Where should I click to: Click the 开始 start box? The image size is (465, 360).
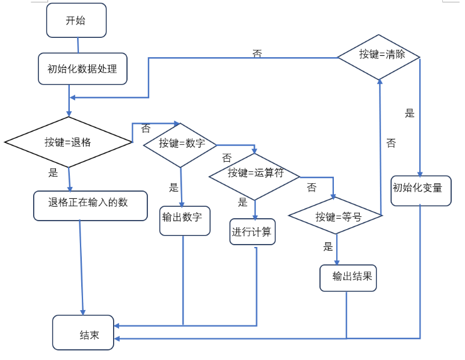click(76, 20)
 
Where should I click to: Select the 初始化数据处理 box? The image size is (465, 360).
click(82, 69)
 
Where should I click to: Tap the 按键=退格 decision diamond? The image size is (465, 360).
click(68, 142)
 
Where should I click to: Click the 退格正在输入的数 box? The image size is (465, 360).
click(90, 206)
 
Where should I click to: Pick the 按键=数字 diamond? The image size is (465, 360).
click(180, 145)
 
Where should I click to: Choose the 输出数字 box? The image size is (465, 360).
click(185, 221)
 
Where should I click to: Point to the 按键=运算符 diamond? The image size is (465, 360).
click(254, 177)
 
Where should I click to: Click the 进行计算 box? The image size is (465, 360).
click(253, 232)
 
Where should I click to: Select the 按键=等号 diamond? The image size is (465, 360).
click(336, 216)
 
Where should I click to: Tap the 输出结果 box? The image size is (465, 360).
click(348, 278)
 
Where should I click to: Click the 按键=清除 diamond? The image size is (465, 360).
click(379, 57)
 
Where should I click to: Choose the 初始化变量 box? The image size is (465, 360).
click(421, 191)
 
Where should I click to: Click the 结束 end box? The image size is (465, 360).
click(83, 332)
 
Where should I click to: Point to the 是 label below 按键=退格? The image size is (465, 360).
click(53, 172)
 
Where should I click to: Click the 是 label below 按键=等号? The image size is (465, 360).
click(328, 246)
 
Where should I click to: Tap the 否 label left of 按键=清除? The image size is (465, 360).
click(257, 53)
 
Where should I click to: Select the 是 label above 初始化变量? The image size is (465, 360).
click(410, 113)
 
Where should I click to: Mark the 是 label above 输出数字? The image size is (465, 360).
click(174, 188)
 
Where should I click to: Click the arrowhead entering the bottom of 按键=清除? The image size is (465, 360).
click(380, 82)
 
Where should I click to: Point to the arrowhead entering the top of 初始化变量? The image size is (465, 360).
click(420, 174)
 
